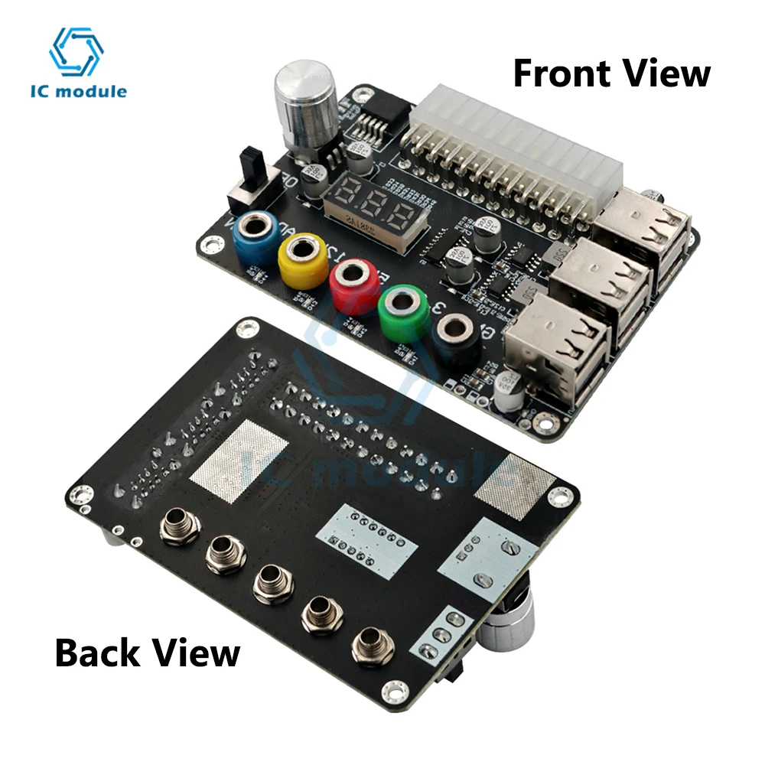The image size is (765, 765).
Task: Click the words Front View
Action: [611, 73]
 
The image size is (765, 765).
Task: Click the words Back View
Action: [148, 653]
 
